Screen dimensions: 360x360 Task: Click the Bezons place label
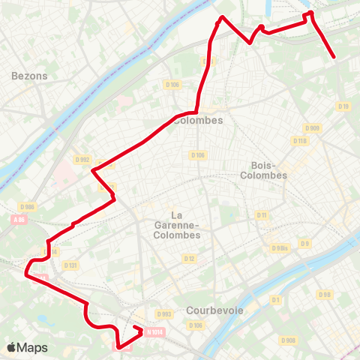coord(30,76)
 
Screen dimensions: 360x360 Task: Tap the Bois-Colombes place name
coord(263,170)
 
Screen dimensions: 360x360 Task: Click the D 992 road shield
coord(82,159)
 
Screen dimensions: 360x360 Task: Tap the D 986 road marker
coord(28,206)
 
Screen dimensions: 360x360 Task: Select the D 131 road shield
coord(71,265)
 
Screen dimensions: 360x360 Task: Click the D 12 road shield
coord(190,259)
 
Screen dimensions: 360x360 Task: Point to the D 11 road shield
coord(262,215)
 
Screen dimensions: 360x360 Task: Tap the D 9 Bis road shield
coord(279,248)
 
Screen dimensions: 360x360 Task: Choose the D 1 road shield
coord(275,300)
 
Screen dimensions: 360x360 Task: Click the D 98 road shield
coord(325,295)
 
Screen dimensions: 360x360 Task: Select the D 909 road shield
coord(313,128)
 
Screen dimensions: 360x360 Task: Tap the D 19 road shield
coord(343,106)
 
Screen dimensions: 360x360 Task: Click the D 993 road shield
coord(165,313)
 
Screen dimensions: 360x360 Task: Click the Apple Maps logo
coord(26,347)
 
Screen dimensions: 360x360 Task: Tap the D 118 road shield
coord(300,141)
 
